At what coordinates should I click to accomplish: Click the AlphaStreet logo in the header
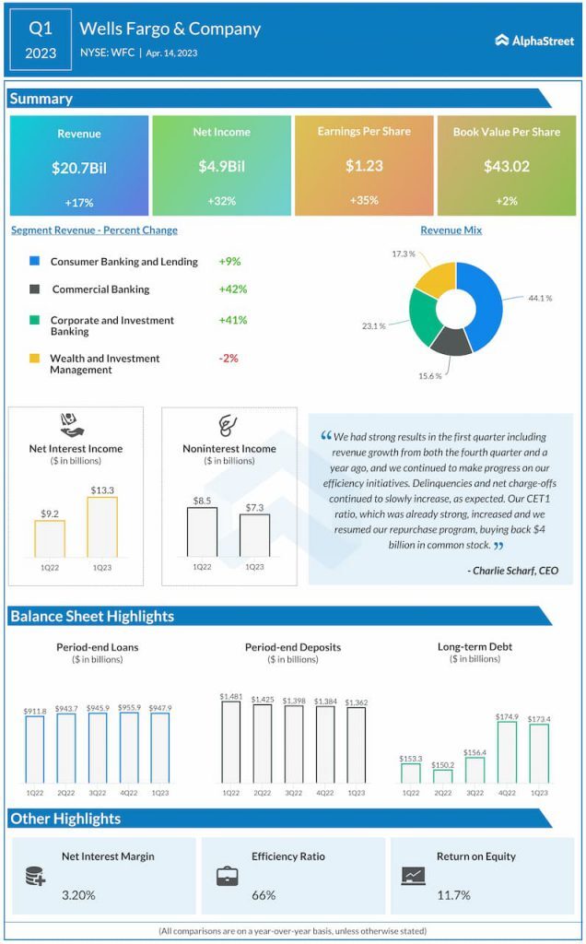tap(533, 40)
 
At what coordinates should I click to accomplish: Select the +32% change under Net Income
tap(221, 201)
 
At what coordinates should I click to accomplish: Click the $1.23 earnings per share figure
tap(364, 166)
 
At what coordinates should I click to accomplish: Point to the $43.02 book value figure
tap(506, 167)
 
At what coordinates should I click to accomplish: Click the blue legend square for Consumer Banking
tap(34, 262)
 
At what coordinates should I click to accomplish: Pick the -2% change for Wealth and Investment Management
tap(229, 358)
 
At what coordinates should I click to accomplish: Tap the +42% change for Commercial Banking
tap(233, 289)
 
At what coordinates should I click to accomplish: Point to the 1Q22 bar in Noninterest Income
tap(202, 532)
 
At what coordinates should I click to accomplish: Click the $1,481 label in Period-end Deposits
tap(230, 696)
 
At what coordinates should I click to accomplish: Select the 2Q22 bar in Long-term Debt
tap(443, 776)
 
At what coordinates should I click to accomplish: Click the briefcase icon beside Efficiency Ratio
tap(227, 877)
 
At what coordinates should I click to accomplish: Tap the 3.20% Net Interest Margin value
tap(78, 894)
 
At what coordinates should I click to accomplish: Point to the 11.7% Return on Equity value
tap(453, 894)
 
